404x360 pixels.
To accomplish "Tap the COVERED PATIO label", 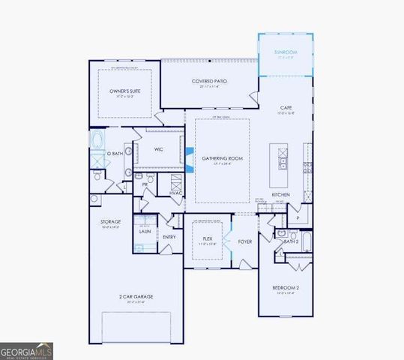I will (209, 80).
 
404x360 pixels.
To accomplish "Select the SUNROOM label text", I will (286, 52).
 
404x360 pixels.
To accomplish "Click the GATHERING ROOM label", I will (223, 158).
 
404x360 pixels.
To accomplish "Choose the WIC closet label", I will (159, 149).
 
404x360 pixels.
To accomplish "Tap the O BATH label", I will (114, 154).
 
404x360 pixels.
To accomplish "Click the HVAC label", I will (176, 193).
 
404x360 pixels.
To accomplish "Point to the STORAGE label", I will (111, 222).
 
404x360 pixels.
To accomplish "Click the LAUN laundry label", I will (145, 232).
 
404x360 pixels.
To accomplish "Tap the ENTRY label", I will (169, 238).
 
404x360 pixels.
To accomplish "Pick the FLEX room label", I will (208, 238).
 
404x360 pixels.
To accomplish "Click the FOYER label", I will (245, 241).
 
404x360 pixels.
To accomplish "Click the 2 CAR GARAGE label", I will (136, 296).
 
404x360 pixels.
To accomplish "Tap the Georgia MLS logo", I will (26, 350).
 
